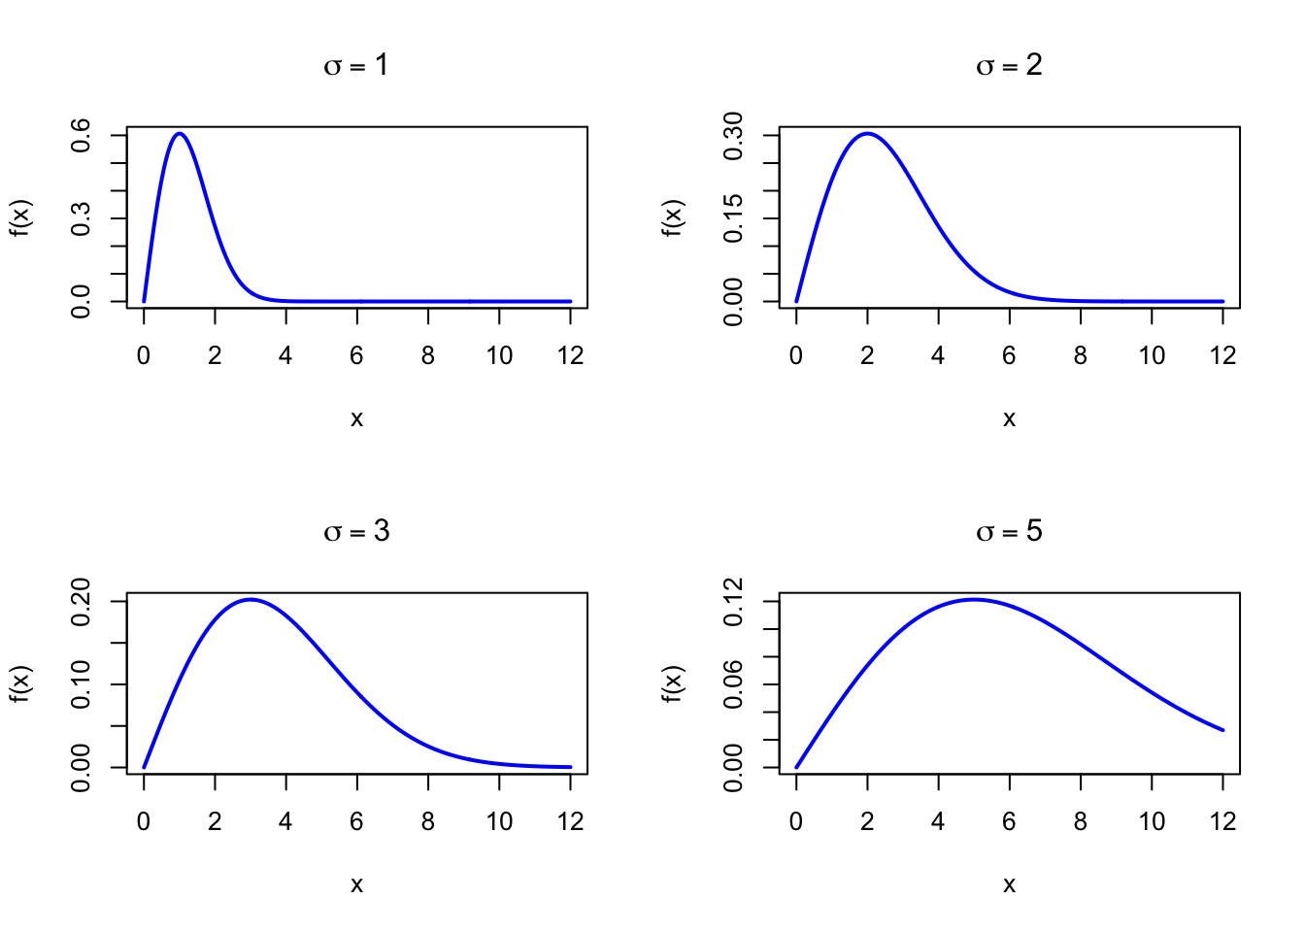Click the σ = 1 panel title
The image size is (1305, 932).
(x=356, y=65)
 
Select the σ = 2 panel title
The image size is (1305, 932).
(x=1009, y=65)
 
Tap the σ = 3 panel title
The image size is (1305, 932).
(x=356, y=531)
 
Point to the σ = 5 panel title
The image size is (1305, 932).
(x=1009, y=531)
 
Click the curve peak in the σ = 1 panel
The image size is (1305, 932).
(x=180, y=134)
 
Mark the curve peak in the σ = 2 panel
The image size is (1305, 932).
(x=867, y=134)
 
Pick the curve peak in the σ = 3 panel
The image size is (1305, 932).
(x=251, y=600)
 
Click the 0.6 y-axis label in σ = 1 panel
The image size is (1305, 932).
(x=81, y=135)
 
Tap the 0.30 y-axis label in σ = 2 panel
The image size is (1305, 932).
(x=733, y=135)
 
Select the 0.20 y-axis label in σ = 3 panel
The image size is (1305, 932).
(x=81, y=601)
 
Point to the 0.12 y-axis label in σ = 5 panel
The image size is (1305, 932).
(x=733, y=601)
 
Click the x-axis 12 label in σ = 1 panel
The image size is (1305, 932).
(x=570, y=356)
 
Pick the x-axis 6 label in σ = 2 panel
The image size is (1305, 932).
(x=1009, y=356)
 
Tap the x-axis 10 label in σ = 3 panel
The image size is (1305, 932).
(x=499, y=822)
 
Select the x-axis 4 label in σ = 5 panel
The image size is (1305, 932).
(x=938, y=822)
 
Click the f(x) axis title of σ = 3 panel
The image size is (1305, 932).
(x=20, y=683)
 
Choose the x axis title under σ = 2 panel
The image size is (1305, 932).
(x=1009, y=418)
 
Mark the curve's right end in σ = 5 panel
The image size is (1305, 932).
(x=1222, y=729)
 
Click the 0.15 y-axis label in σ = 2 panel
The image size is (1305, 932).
(x=733, y=218)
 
